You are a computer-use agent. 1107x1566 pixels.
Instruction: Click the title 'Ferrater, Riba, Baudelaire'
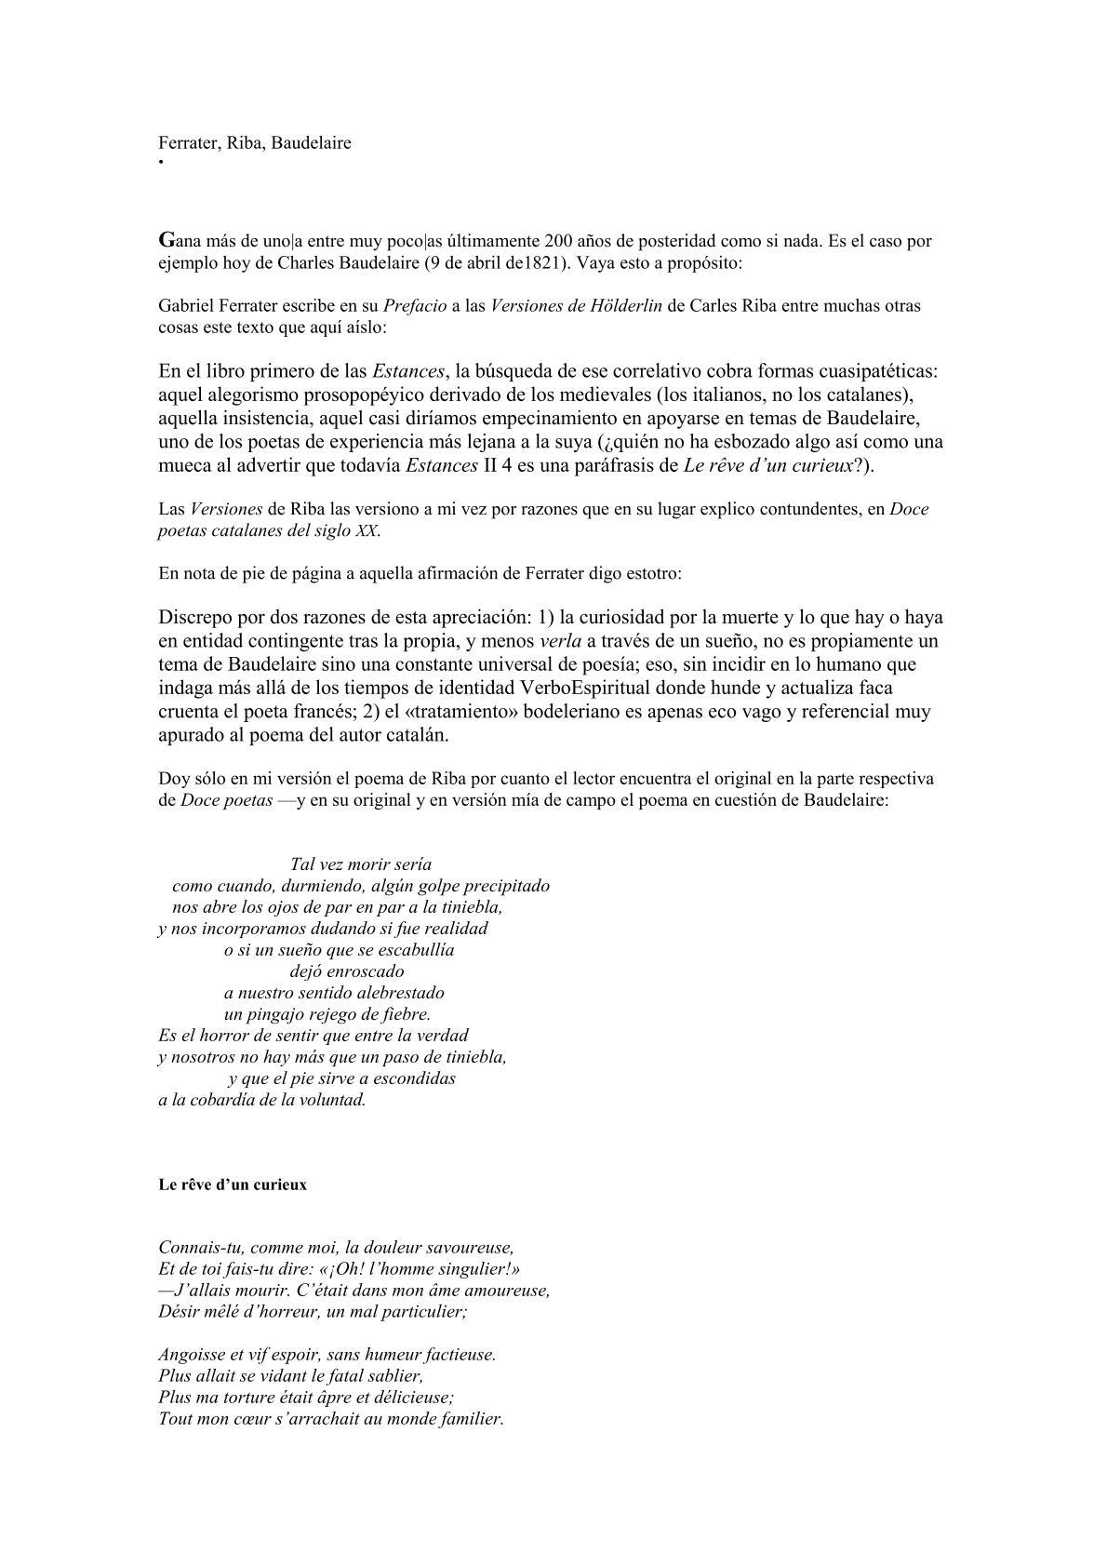tap(255, 143)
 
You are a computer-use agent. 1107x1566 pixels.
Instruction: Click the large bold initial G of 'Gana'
tap(167, 240)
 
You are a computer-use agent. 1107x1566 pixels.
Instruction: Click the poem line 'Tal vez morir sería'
tap(361, 863)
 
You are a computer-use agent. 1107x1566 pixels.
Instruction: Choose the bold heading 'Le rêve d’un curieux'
tap(233, 1185)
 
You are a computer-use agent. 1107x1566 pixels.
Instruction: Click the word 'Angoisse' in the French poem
tap(190, 1355)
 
